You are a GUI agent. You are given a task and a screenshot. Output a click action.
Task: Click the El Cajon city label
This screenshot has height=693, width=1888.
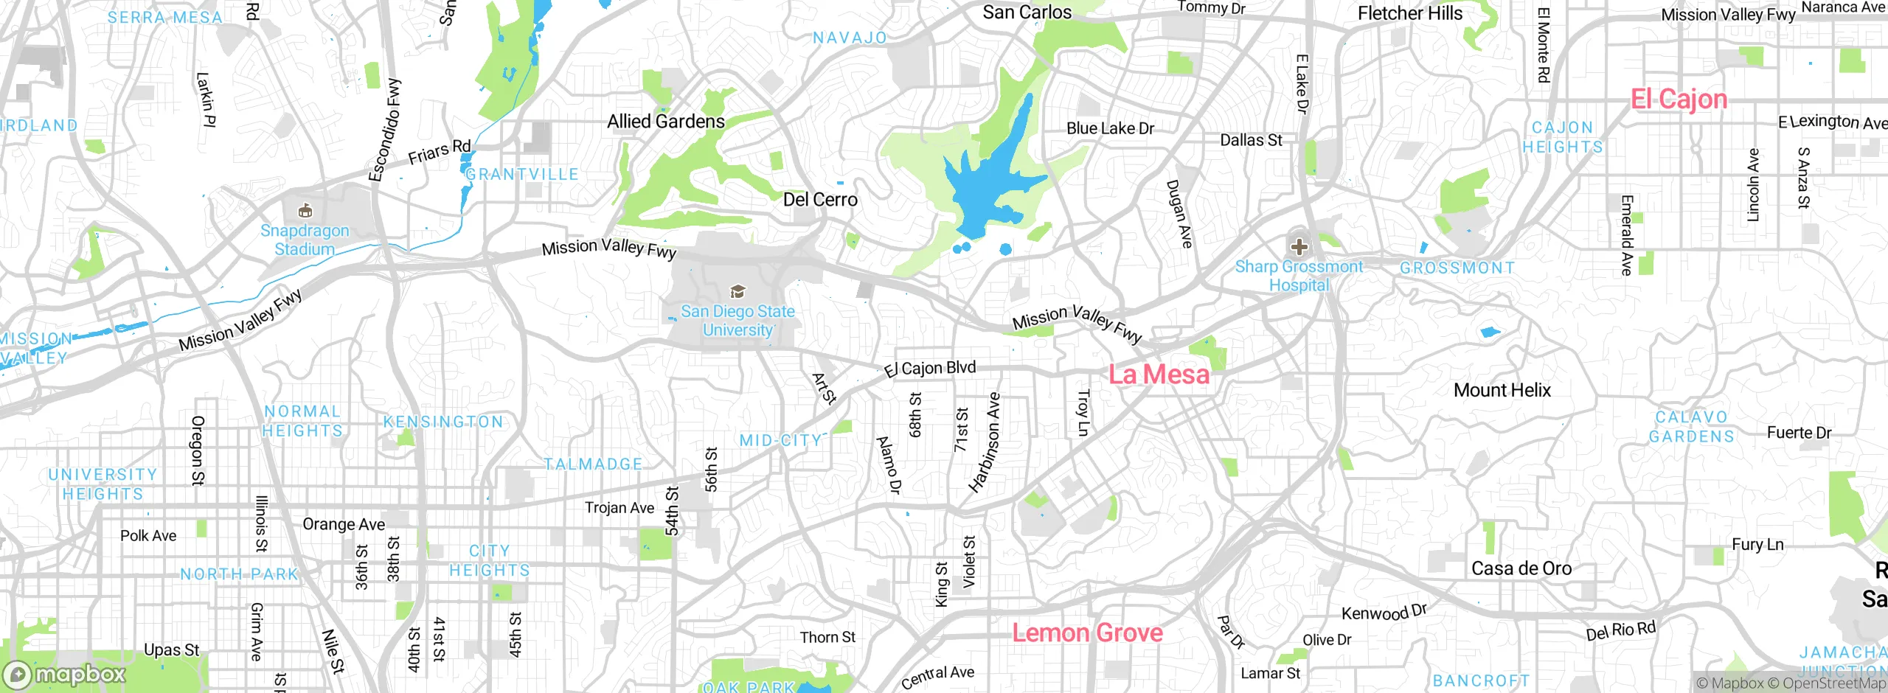[1679, 100]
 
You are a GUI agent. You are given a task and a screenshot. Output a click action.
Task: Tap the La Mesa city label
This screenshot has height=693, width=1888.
[1159, 375]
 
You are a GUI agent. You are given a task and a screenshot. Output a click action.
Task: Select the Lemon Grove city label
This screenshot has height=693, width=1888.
[1087, 633]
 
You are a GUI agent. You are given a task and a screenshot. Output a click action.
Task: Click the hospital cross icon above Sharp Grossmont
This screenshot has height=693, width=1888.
[1299, 247]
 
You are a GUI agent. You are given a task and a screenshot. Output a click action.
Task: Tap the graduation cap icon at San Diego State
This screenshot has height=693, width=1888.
[737, 292]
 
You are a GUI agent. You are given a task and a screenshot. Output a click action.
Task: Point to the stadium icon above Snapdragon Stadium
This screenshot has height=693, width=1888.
[305, 212]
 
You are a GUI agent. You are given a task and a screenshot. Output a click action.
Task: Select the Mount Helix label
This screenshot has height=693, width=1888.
[1502, 390]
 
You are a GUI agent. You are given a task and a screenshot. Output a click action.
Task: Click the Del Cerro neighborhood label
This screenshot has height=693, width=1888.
[819, 200]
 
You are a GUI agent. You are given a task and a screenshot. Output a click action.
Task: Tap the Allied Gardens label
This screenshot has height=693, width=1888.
[665, 122]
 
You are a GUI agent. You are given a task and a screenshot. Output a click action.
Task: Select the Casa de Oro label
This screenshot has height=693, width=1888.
[1521, 568]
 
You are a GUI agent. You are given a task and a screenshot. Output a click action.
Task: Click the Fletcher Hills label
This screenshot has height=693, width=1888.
[1409, 13]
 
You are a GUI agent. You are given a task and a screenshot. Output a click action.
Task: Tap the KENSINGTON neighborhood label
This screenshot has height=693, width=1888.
[442, 422]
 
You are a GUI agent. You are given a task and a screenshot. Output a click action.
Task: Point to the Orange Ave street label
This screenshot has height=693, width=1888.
[344, 524]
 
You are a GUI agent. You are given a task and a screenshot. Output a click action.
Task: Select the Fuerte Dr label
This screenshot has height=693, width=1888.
[1799, 433]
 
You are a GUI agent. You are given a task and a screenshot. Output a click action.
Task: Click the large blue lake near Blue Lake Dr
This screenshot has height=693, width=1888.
[988, 184]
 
